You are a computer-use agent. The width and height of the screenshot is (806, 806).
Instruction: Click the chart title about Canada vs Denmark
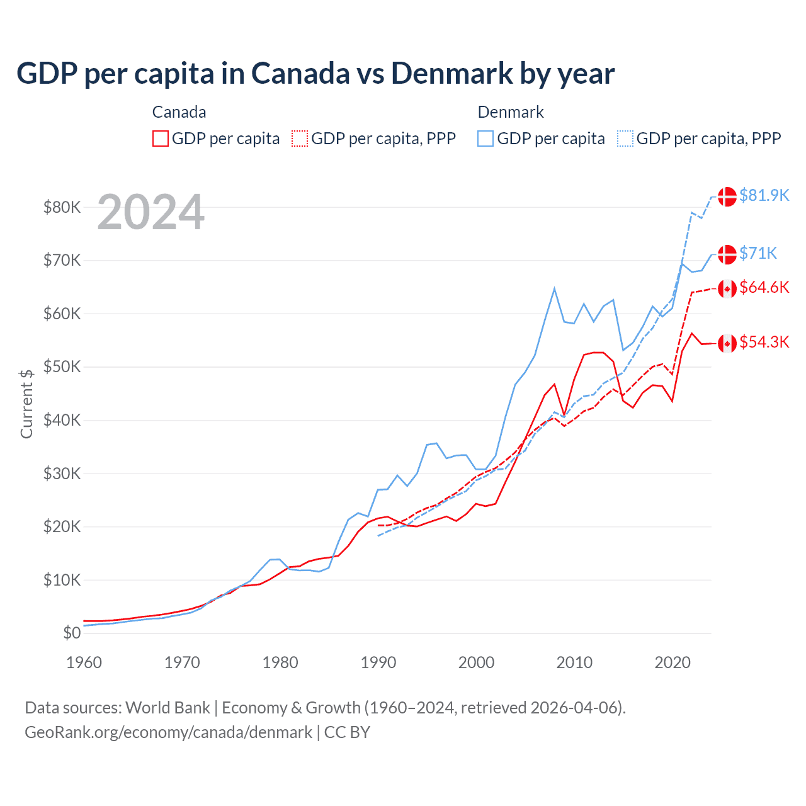click(315, 74)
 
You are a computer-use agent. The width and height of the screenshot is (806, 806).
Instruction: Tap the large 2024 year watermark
click(150, 212)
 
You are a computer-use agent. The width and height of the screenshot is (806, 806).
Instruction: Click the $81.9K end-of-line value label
click(764, 195)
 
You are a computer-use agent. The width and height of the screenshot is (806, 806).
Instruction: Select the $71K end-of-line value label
click(758, 253)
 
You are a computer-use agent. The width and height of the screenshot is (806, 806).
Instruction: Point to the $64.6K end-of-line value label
click(764, 287)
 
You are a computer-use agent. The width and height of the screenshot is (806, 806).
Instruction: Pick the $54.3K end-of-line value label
click(764, 342)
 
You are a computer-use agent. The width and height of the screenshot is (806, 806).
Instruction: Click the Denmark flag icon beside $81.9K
click(727, 196)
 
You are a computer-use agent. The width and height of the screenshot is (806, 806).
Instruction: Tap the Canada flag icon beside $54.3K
click(727, 343)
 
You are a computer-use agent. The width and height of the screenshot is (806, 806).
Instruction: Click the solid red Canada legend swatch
click(161, 139)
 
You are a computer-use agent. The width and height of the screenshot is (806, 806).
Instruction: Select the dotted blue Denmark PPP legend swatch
click(625, 139)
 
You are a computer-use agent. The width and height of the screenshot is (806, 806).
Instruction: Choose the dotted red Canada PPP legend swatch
click(300, 139)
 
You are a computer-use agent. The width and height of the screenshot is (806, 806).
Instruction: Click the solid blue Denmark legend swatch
click(485, 139)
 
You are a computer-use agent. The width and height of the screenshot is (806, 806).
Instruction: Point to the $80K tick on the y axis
click(62, 207)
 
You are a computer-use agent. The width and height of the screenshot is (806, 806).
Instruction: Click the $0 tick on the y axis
click(72, 633)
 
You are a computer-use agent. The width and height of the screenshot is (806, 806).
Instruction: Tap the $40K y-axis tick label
click(62, 420)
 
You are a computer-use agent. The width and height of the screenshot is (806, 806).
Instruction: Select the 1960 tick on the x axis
click(84, 662)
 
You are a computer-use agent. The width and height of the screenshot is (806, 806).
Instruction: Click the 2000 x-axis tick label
click(477, 662)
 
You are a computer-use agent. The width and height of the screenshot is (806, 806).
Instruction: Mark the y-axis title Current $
click(26, 403)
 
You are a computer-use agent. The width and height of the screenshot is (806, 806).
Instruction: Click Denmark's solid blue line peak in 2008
click(554, 288)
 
